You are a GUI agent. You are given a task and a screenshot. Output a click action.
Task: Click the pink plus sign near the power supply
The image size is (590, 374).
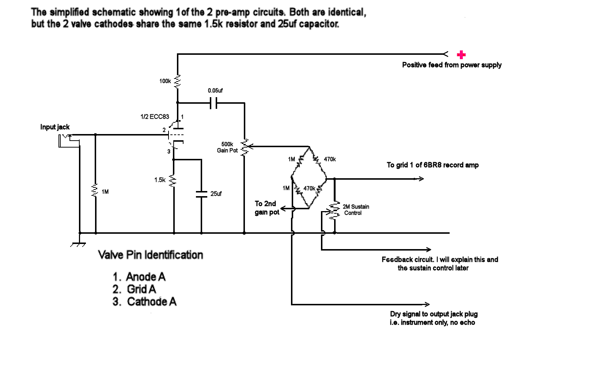click(461, 55)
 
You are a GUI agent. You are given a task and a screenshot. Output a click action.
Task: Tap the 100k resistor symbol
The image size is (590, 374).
click(178, 81)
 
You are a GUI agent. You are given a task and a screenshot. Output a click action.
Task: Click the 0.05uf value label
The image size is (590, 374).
click(215, 90)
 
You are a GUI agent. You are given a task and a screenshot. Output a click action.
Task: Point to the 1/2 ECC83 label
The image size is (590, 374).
click(155, 117)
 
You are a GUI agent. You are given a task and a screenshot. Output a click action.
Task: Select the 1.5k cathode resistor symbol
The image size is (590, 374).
click(174, 180)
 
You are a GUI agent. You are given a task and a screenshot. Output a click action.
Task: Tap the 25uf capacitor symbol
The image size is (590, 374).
click(201, 194)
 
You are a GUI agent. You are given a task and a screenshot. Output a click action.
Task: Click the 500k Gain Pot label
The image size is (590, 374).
click(227, 148)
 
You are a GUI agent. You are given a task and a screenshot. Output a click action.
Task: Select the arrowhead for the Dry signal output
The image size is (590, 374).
click(426, 304)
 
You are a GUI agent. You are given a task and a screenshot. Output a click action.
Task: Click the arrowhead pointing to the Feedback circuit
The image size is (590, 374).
click(428, 250)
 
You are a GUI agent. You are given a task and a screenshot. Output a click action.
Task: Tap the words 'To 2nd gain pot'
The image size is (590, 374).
click(266, 208)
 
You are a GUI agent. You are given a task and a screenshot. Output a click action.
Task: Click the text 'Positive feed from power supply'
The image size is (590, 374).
click(451, 65)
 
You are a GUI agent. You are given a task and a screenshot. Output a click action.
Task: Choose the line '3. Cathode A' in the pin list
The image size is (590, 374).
click(144, 302)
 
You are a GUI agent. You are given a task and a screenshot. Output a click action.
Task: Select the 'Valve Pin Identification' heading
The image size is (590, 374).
click(150, 255)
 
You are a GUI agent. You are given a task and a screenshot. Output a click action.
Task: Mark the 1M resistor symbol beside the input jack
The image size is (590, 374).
click(95, 191)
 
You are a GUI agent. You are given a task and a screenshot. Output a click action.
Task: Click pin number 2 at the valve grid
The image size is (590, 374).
click(164, 130)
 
